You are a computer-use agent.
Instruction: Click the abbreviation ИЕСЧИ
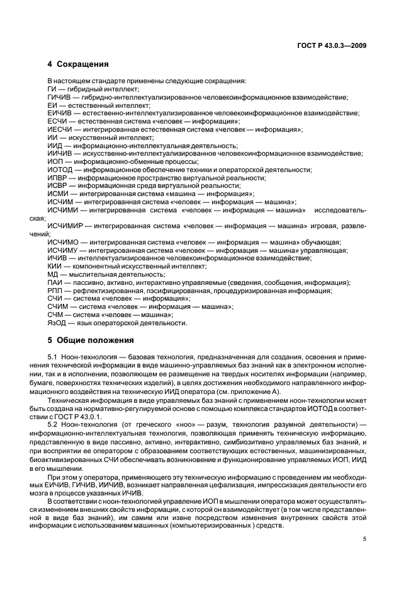(59, 129)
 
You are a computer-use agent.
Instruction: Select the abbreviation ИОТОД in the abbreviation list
(59, 170)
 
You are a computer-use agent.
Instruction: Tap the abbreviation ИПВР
(57, 178)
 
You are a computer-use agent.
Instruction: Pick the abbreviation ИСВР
(57, 186)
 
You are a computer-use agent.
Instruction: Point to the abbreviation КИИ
(55, 267)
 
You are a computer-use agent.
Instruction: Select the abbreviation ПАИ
(55, 282)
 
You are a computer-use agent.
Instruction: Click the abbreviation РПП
(55, 291)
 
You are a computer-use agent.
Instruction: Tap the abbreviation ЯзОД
(57, 323)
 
